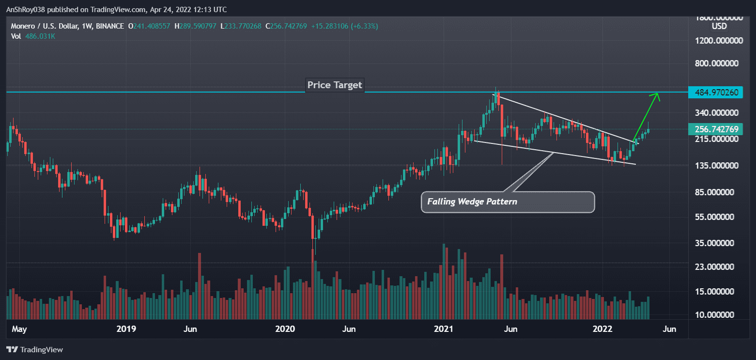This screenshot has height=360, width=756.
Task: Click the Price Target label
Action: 335,85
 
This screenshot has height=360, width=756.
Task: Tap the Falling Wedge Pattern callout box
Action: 508,202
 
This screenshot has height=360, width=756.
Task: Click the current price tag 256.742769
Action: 715,129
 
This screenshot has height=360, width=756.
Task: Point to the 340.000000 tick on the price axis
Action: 715,113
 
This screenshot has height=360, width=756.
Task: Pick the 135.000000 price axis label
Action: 715,166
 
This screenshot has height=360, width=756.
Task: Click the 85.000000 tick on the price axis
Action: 717,192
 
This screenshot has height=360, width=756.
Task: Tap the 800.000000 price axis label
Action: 715,63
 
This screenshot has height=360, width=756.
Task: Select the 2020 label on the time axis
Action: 285,329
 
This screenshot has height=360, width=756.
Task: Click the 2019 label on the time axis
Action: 126,329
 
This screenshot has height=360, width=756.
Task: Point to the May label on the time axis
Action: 19,329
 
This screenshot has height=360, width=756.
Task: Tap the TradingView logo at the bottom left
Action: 34,349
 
